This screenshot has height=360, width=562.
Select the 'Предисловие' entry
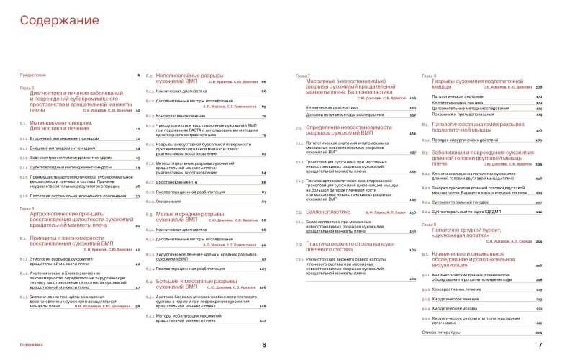(33, 76)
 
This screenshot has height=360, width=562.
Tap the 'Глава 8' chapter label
(429, 75)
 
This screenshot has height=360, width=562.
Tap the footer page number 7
(539, 345)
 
